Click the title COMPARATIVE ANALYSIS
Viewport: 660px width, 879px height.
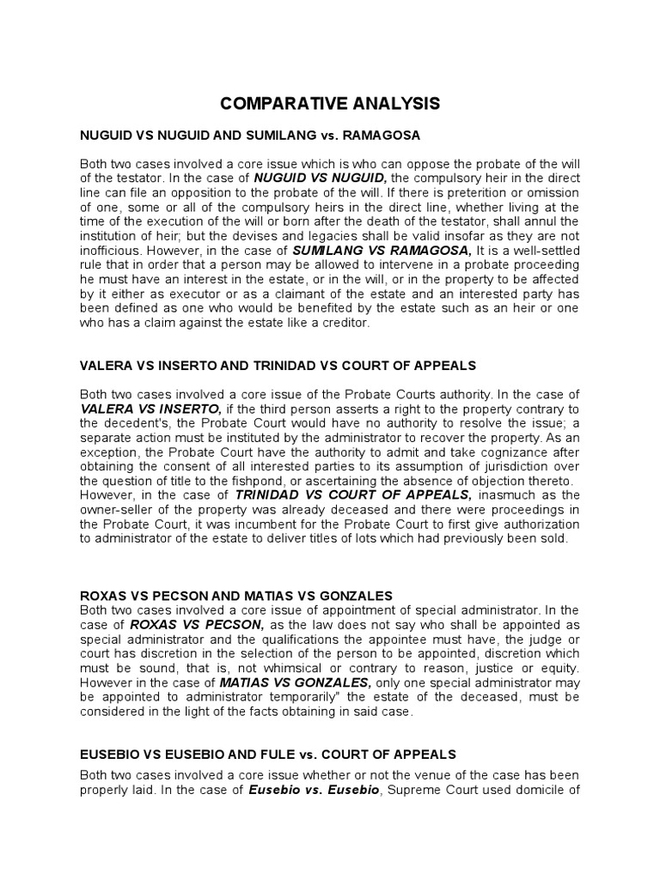tap(330, 104)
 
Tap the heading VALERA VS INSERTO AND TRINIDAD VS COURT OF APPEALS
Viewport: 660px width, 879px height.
tap(278, 365)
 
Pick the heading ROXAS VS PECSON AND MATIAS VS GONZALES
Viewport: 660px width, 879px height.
tap(236, 595)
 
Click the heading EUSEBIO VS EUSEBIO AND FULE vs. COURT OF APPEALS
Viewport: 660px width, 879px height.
tap(268, 754)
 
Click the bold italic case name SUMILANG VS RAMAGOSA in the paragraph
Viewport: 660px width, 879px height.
tap(383, 250)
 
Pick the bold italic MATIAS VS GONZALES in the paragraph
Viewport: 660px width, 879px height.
tap(295, 682)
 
